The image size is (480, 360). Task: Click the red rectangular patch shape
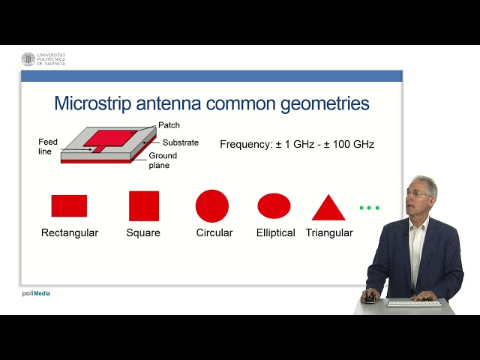69,205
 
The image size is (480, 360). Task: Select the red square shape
144,205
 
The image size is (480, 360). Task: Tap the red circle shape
212,205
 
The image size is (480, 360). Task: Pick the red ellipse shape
274,205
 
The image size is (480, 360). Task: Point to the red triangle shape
328,208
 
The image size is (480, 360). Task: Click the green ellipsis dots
370,207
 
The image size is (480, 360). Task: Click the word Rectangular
70,232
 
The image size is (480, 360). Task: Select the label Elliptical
275,232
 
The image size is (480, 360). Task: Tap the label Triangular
329,232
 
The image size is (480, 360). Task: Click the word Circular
214,232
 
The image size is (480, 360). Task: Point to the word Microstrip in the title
91,103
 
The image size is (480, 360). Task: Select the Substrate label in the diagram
181,142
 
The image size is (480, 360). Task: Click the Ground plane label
163,160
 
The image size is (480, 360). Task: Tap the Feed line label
48,145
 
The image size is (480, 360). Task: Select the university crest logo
28,59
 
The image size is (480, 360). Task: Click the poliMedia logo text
35,293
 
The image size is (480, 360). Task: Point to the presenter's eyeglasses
418,193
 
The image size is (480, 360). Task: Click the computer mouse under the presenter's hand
370,298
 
